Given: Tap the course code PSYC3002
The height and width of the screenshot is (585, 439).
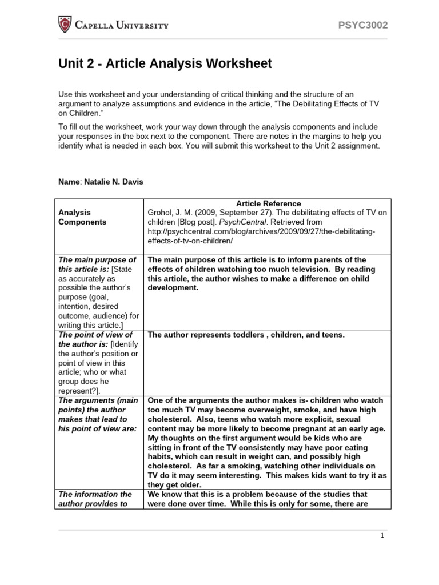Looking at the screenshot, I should (x=363, y=25).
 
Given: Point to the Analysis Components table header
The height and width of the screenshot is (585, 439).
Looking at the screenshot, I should (x=82, y=217).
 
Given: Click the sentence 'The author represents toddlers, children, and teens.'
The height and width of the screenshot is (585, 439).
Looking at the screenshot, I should (x=246, y=335).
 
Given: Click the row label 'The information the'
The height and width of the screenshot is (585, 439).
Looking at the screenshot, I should (x=95, y=494).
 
